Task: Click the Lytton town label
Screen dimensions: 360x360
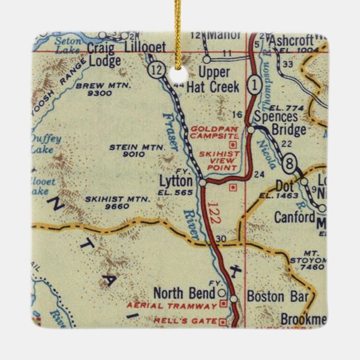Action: tap(177, 182)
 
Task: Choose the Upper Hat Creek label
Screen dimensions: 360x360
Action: tap(215, 79)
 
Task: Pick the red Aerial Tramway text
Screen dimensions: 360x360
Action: tap(171, 306)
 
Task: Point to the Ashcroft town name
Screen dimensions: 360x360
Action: tap(289, 41)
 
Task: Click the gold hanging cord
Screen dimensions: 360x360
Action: tap(179, 28)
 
